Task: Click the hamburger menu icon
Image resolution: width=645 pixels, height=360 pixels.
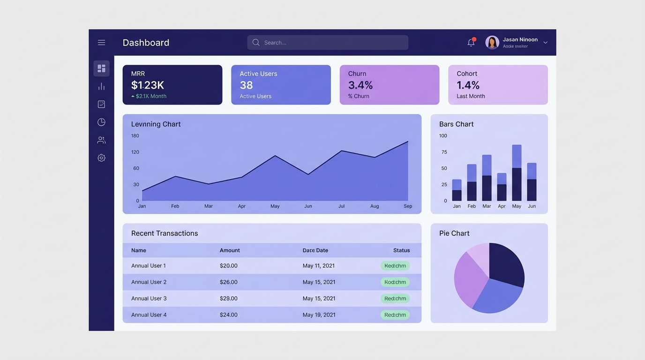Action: [101, 43]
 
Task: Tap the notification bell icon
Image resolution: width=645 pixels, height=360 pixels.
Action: [471, 43]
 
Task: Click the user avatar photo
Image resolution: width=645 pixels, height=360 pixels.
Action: [492, 43]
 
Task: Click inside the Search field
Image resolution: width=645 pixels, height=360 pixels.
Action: [328, 43]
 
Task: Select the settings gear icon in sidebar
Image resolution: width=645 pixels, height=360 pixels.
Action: [101, 158]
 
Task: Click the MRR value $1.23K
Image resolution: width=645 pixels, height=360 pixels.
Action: [148, 85]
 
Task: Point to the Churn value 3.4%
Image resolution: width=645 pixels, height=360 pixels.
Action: [360, 85]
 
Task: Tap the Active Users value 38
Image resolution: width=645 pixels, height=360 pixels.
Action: [246, 85]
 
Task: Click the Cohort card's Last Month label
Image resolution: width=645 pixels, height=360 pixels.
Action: [471, 96]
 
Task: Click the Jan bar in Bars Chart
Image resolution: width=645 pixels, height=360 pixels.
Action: [457, 190]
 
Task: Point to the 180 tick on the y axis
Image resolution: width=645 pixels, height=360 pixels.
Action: [135, 136]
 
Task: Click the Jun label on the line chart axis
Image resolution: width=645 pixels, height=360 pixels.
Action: [308, 206]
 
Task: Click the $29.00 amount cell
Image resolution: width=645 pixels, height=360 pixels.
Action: [229, 299]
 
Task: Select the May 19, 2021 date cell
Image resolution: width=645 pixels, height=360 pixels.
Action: [319, 315]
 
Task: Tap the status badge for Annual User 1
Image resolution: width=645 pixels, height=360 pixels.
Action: [395, 266]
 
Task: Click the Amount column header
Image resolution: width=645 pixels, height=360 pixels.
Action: [230, 250]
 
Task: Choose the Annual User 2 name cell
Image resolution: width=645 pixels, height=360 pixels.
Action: [149, 282]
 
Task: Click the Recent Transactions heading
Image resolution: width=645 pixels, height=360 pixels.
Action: [165, 233]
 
